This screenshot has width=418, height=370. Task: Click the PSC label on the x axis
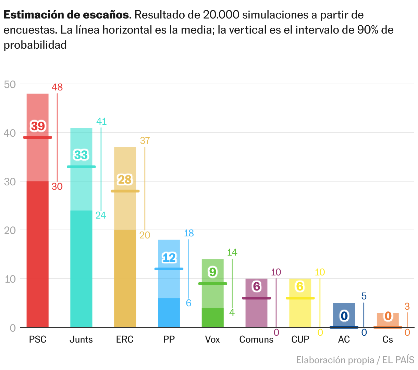(x=37, y=339)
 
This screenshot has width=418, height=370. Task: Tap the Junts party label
(x=81, y=339)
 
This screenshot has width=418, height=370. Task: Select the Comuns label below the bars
(x=256, y=339)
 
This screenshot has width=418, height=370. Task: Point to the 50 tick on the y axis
(x=10, y=84)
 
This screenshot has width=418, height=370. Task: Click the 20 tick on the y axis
(x=10, y=230)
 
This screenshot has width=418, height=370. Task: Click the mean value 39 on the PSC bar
(x=38, y=126)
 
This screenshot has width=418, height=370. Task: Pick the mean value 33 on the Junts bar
(x=81, y=155)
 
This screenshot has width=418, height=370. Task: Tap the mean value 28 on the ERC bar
(x=125, y=180)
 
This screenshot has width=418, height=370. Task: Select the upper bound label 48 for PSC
(x=57, y=87)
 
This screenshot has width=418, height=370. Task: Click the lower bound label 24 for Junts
(x=101, y=215)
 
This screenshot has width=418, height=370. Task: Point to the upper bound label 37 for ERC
(x=145, y=140)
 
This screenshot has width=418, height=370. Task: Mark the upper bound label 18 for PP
(x=189, y=233)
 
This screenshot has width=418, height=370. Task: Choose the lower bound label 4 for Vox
(x=232, y=312)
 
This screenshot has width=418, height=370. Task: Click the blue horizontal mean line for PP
(x=169, y=269)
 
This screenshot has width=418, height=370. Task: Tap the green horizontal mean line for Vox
(x=213, y=284)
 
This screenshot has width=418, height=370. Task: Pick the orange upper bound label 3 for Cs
(x=407, y=306)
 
